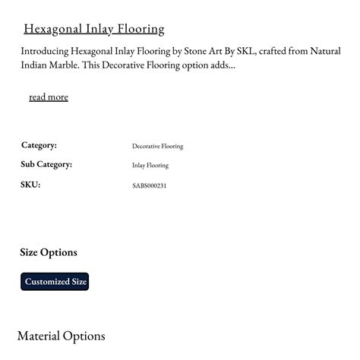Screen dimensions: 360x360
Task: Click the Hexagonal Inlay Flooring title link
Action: pyautogui.click(x=94, y=30)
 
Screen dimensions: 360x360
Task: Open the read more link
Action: pyautogui.click(x=49, y=97)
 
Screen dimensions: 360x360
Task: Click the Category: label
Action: pyautogui.click(x=39, y=145)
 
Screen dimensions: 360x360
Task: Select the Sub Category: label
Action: pyautogui.click(x=46, y=165)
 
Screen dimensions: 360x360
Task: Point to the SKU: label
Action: pyautogui.click(x=30, y=185)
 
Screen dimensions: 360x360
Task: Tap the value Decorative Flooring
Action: pyautogui.click(x=157, y=146)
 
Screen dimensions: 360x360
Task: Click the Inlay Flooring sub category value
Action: pyautogui.click(x=150, y=166)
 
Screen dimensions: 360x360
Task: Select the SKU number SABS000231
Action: pyautogui.click(x=149, y=185)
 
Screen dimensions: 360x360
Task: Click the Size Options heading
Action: pyautogui.click(x=49, y=252)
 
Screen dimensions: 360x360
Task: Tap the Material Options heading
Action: pyautogui.click(x=61, y=336)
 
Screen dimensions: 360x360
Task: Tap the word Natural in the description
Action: pyautogui.click(x=325, y=52)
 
